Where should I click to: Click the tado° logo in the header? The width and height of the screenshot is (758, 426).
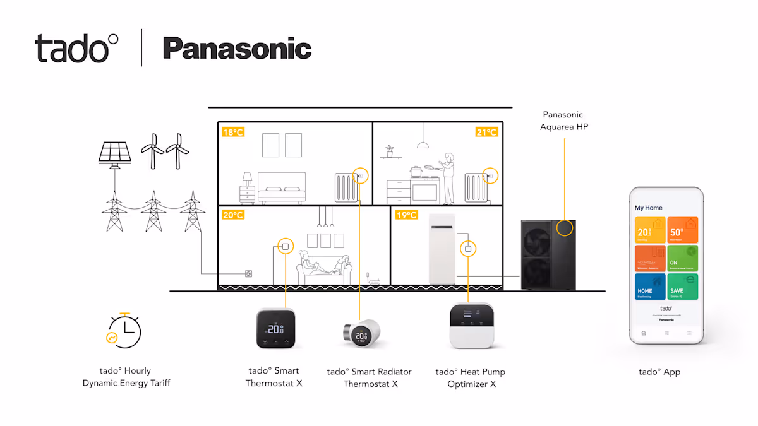(76, 49)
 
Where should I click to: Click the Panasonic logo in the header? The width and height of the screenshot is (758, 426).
(237, 49)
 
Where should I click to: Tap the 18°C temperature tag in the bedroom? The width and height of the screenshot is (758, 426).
(232, 133)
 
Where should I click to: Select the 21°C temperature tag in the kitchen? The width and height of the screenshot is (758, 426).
(486, 132)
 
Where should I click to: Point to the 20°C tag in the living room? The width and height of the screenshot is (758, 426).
(232, 215)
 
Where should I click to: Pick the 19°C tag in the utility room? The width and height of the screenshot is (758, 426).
(407, 215)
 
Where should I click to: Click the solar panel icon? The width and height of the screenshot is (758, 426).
(115, 153)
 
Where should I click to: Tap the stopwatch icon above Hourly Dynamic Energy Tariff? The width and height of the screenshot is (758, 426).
(124, 330)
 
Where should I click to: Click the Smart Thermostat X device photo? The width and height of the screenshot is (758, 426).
(275, 328)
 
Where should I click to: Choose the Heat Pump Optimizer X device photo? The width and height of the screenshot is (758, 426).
(471, 326)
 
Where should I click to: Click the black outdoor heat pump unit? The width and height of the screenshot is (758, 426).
(548, 254)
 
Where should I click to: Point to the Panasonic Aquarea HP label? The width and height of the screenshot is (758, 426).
(564, 121)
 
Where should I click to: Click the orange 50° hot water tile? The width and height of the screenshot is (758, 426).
(683, 230)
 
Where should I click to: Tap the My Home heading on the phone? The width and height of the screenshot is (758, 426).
(649, 208)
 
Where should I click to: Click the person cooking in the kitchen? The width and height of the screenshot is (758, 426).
(447, 177)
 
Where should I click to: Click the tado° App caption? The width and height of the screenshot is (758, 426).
(659, 372)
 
